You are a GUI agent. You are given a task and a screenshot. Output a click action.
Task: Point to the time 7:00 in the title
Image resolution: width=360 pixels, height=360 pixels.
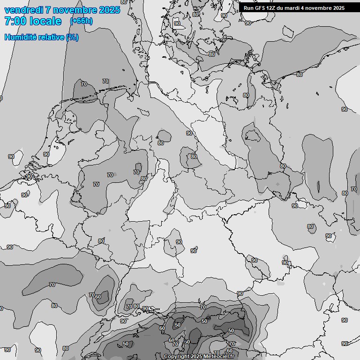(x=15, y=21)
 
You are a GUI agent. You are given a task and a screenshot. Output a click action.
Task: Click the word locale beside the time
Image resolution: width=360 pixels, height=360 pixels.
(x=45, y=21)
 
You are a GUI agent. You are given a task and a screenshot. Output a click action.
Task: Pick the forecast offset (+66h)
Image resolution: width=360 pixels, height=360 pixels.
(x=81, y=21)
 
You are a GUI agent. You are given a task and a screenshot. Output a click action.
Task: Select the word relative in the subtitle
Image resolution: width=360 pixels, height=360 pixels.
(x=52, y=37)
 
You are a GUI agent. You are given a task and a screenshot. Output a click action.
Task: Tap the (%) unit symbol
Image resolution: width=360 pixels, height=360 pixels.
(x=72, y=37)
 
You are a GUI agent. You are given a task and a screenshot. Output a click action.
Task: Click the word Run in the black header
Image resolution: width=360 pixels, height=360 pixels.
(x=248, y=8)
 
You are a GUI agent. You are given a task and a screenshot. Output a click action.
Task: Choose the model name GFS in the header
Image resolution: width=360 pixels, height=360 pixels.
(x=261, y=8)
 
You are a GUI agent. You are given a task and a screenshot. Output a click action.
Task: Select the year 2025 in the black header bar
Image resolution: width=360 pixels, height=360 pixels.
(x=339, y=8)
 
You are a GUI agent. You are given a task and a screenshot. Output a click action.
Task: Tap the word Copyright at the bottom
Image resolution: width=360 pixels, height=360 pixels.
(x=177, y=357)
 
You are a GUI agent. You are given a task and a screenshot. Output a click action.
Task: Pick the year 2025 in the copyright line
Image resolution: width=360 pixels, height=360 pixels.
(x=197, y=357)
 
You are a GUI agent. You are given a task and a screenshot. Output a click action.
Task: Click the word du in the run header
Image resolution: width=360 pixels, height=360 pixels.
(x=285, y=8)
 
